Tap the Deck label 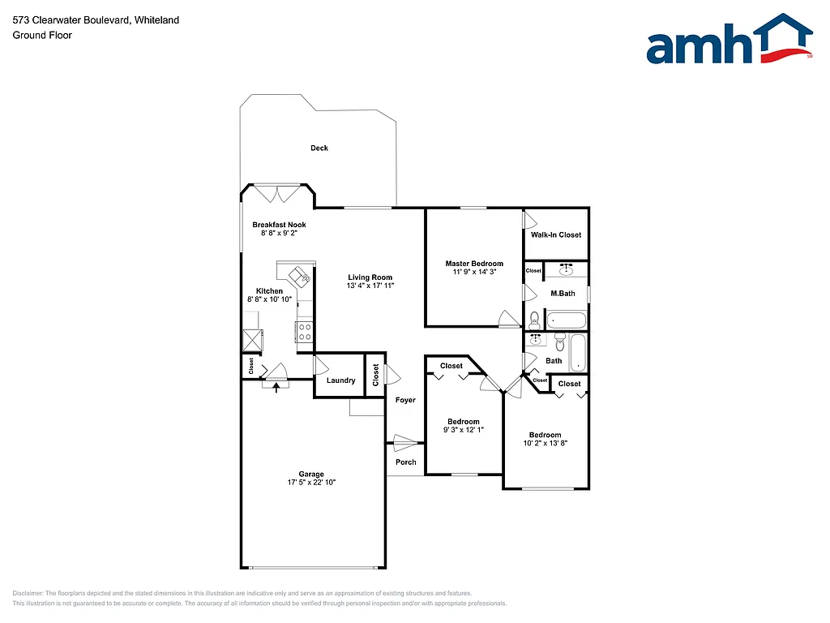tap(319, 148)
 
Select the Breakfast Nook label tap(279, 225)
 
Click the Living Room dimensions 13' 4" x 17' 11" tap(370, 286)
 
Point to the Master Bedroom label tap(474, 264)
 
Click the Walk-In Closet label tap(556, 235)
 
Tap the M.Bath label tap(563, 293)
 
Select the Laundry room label tap(340, 380)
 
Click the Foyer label tap(405, 400)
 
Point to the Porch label tap(405, 462)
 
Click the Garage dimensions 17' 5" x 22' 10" tap(311, 483)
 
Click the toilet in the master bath tap(534, 318)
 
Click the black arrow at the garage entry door tap(277, 387)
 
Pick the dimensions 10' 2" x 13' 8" tap(545, 444)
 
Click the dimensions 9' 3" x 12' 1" tap(464, 430)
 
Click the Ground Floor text tap(42, 36)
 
